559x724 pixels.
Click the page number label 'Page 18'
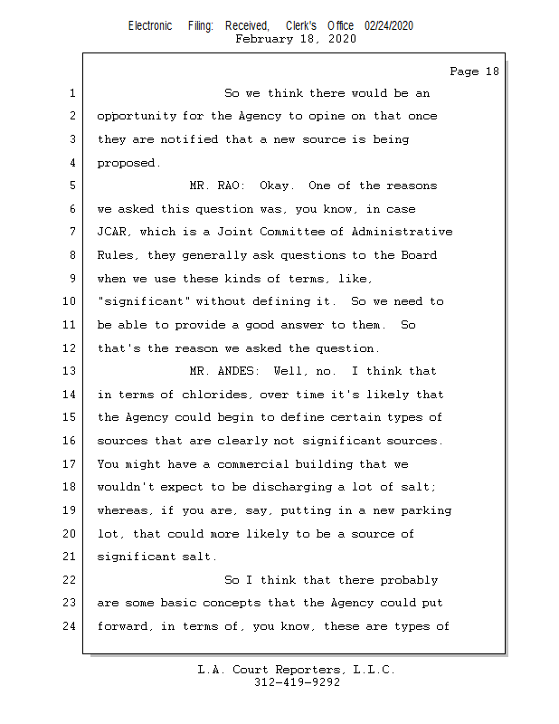coord(474,71)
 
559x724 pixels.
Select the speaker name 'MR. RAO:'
coord(217,186)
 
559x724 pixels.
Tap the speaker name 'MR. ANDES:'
coord(224,371)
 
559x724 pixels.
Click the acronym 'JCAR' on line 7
coord(111,232)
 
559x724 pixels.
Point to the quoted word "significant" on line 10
coord(144,301)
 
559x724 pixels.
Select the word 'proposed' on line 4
coord(126,164)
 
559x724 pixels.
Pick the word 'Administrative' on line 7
coord(402,232)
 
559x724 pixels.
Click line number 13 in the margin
coord(70,371)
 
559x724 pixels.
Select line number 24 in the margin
coord(70,626)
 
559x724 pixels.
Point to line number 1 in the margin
coord(72,93)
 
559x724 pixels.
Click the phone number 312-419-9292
coord(298,682)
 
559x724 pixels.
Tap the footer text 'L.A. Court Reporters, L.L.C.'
coord(297,670)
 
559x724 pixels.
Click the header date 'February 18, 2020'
coord(296,39)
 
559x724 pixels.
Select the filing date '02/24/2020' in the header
coord(389,26)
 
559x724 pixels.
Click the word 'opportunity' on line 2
coord(137,117)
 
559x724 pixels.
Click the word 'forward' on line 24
coord(123,626)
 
